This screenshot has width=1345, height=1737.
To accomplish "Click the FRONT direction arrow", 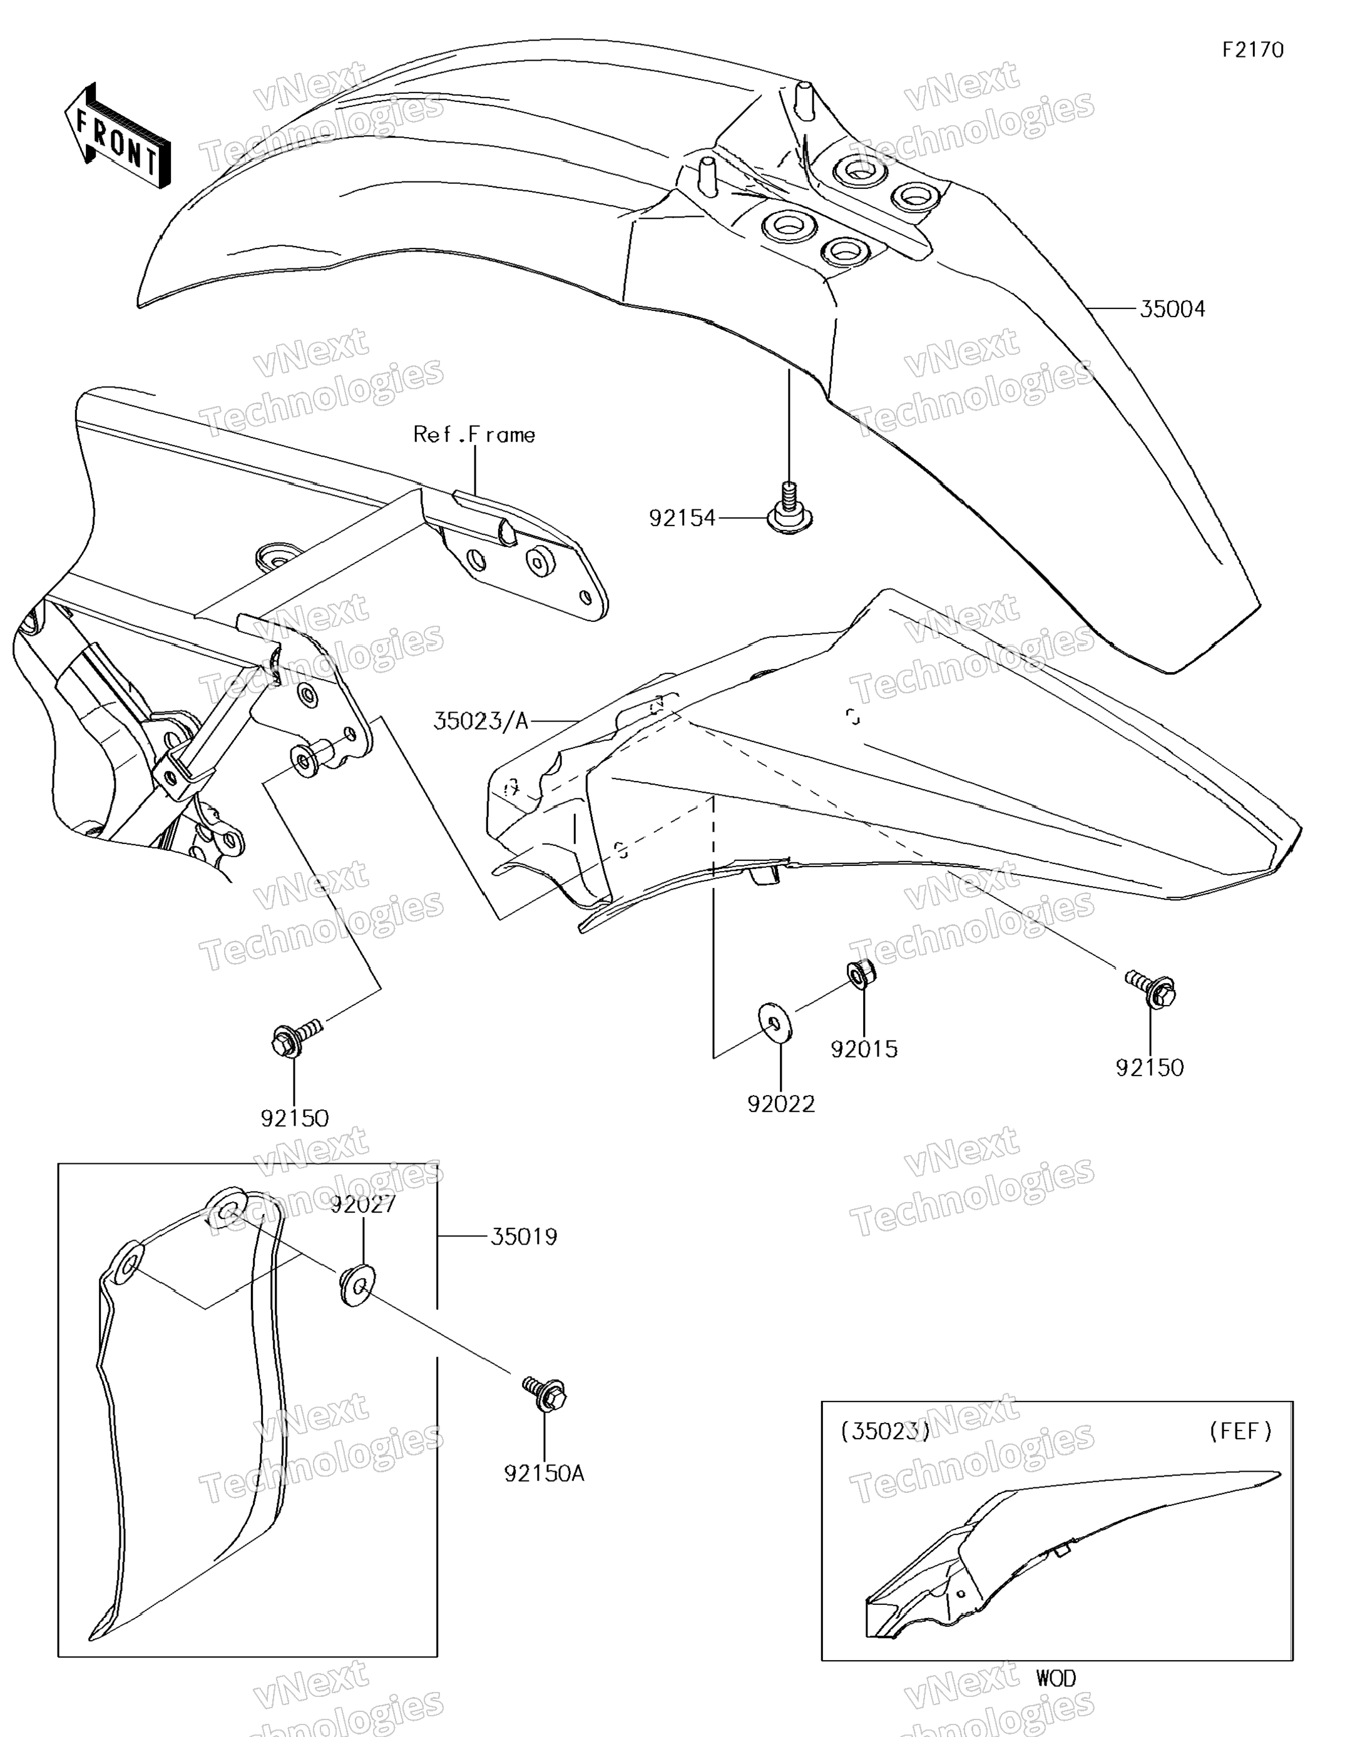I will [x=118, y=135].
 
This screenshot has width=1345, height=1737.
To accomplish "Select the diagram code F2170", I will [x=1253, y=50].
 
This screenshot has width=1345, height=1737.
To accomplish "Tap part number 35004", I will [x=1172, y=309].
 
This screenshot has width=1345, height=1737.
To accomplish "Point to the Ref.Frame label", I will [x=474, y=434].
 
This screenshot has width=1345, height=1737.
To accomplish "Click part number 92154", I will [x=682, y=519].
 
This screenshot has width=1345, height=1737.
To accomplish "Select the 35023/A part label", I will [x=481, y=721].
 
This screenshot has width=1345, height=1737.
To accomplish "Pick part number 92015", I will [x=864, y=1050].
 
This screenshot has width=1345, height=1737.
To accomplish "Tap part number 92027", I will [x=363, y=1205].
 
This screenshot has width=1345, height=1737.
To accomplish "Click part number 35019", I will [x=523, y=1237].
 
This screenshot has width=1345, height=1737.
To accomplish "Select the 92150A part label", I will [x=544, y=1474].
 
